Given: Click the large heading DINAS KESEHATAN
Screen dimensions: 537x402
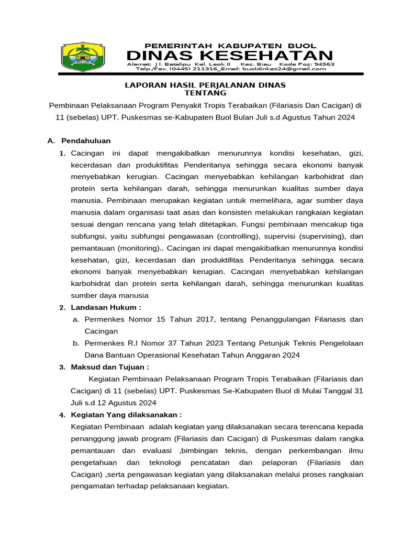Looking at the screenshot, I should tap(230, 56).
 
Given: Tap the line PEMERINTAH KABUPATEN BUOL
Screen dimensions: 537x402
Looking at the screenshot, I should tap(230, 46).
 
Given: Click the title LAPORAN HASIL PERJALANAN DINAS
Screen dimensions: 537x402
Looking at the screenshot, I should tap(205, 84).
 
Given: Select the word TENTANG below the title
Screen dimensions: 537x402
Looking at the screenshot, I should tap(205, 93).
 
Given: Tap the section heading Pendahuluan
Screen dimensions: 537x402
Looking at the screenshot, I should tap(86, 141).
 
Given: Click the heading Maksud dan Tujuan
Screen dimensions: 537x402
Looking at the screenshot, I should tap(110, 367).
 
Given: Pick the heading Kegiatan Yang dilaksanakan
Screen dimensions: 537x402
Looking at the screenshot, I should tap(126, 414).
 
